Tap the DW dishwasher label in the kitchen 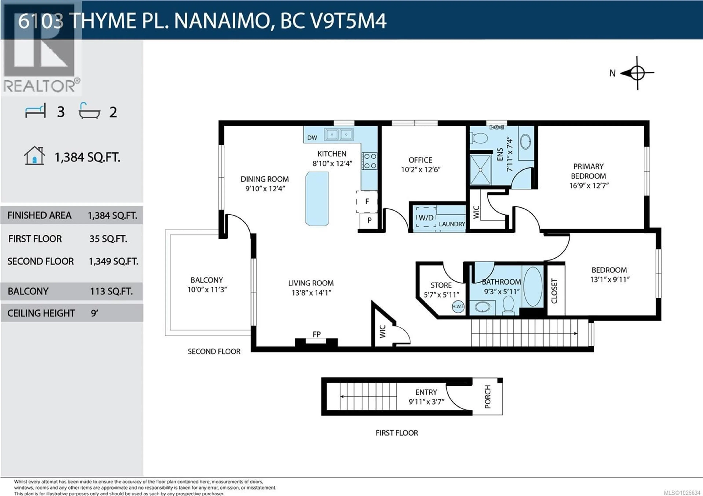pyautogui.click(x=312, y=138)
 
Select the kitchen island pyautogui.click(x=317, y=198)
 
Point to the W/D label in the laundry pyautogui.click(x=426, y=217)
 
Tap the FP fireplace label pyautogui.click(x=317, y=334)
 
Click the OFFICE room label pyautogui.click(x=420, y=160)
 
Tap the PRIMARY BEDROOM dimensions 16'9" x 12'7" pyautogui.click(x=588, y=186)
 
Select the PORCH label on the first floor pyautogui.click(x=488, y=397)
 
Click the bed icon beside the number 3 pyautogui.click(x=36, y=111)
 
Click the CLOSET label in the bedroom pyautogui.click(x=554, y=291)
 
